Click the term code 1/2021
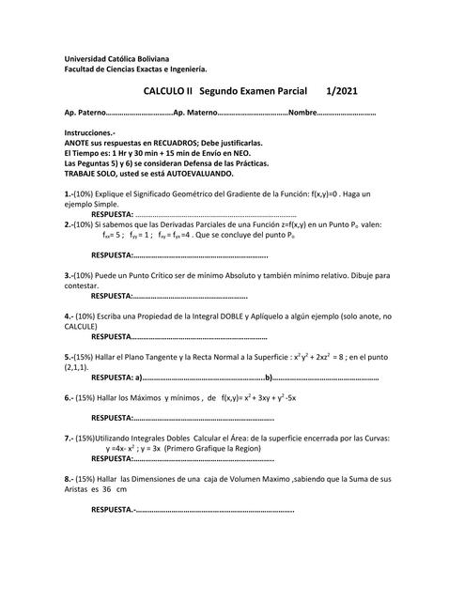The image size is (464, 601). click(341, 92)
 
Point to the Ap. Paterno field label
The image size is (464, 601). click(86, 115)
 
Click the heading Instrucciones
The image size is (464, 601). click(89, 133)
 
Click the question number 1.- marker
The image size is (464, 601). click(70, 193)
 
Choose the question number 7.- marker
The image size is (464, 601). click(70, 439)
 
